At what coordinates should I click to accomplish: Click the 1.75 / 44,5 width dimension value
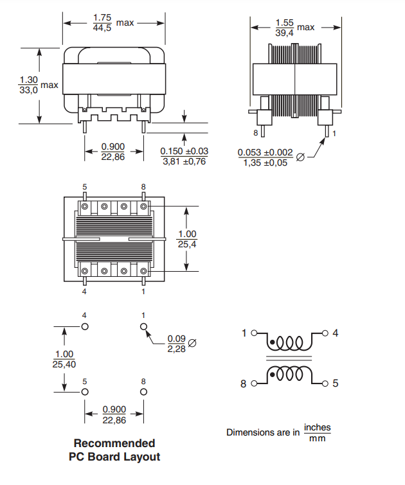pyautogui.click(x=102, y=22)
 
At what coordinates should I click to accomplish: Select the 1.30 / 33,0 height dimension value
pyautogui.click(x=28, y=85)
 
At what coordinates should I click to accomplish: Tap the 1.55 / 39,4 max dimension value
pyautogui.click(x=284, y=28)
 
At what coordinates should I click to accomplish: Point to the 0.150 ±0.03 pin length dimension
pyautogui.click(x=184, y=156)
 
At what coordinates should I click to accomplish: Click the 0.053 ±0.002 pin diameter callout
pyautogui.click(x=265, y=157)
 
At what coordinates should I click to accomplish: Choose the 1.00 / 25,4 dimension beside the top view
pyautogui.click(x=187, y=239)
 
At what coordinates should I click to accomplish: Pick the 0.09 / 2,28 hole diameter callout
pyautogui.click(x=177, y=344)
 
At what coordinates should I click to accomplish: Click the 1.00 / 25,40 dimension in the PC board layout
pyautogui.click(x=64, y=359)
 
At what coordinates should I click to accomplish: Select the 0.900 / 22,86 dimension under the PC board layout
pyautogui.click(x=114, y=415)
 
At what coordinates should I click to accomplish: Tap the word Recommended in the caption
pyautogui.click(x=114, y=443)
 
